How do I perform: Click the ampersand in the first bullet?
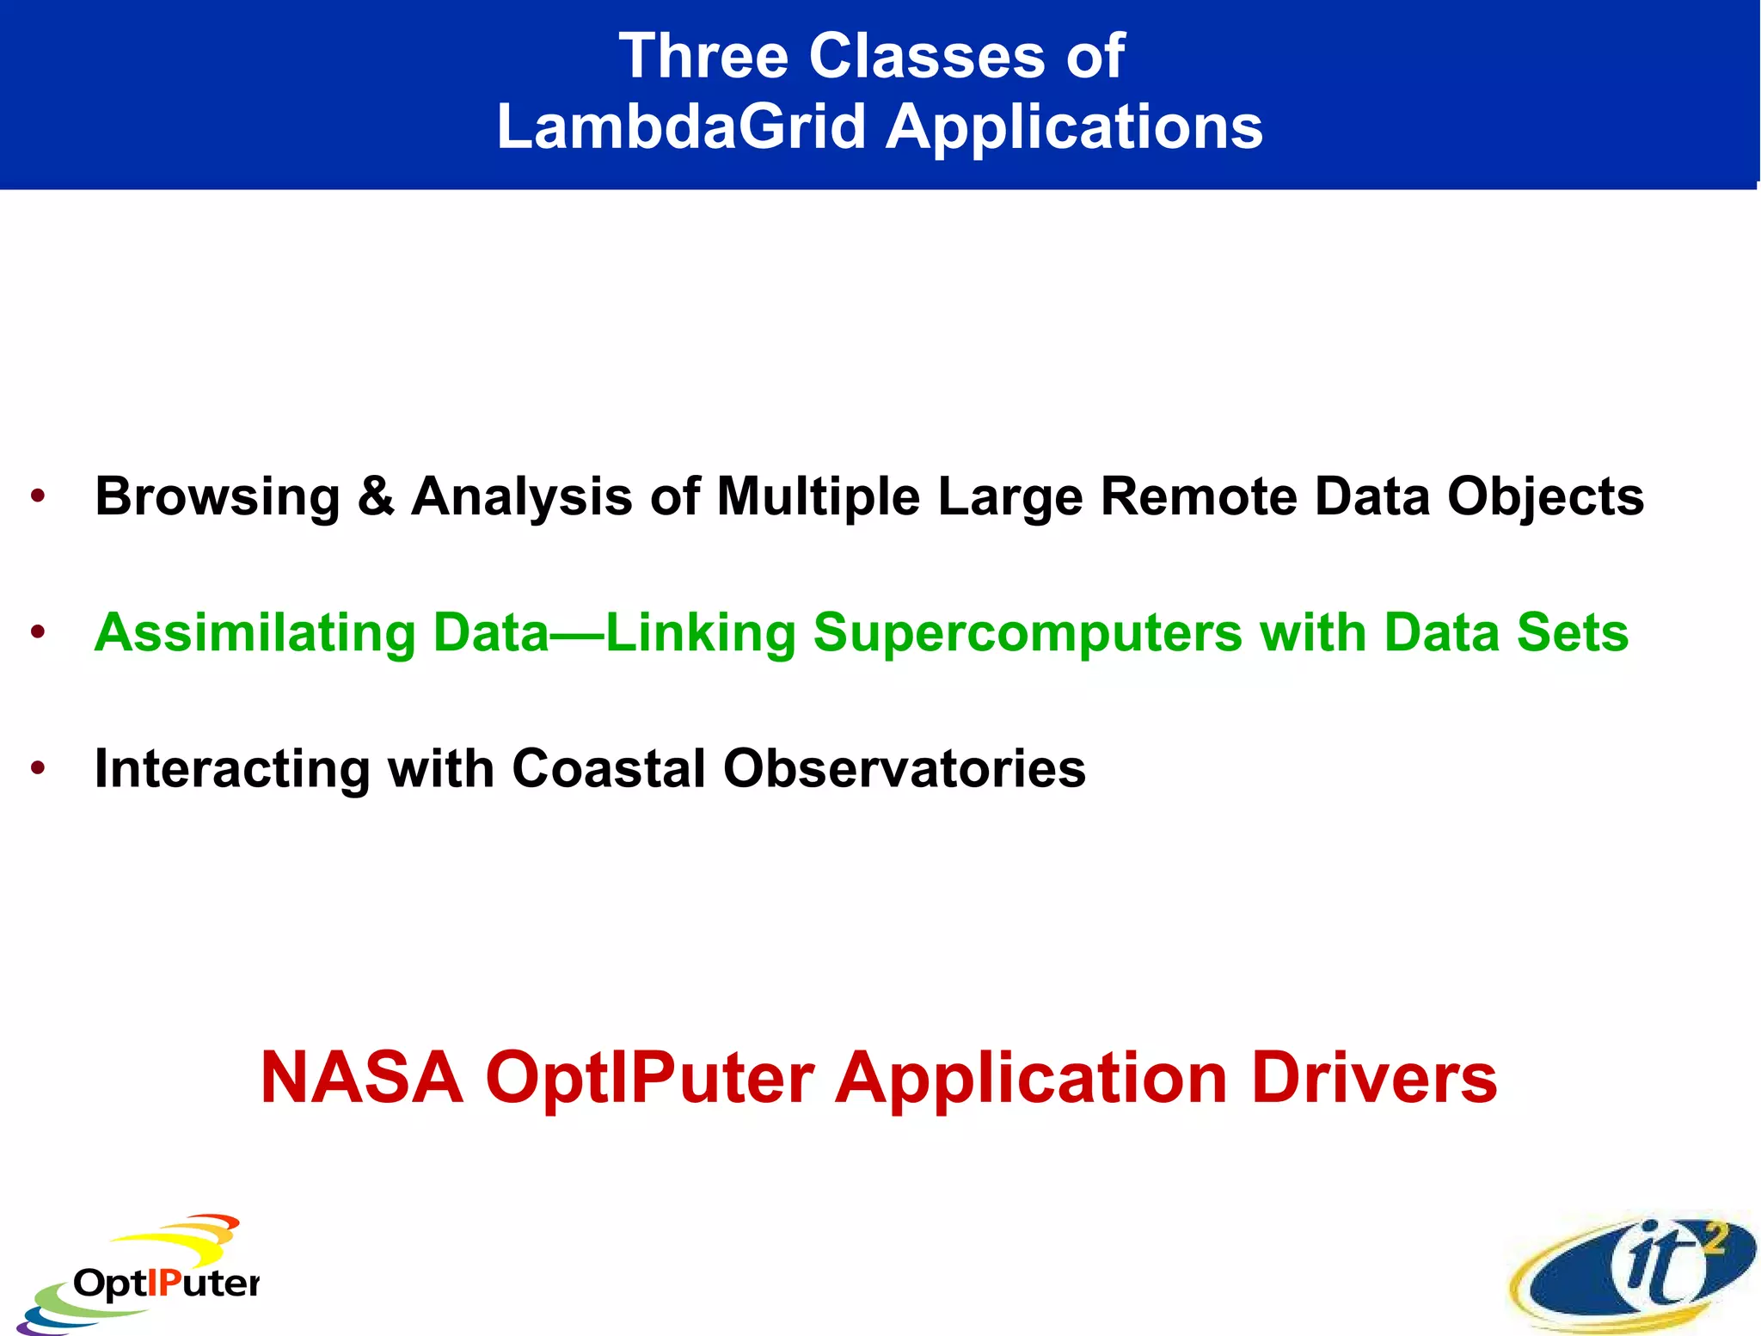tap(376, 496)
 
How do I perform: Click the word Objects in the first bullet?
tap(1545, 497)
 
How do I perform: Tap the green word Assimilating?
tap(255, 633)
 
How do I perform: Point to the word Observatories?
tap(905, 767)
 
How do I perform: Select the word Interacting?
tap(232, 768)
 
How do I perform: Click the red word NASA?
tap(361, 1077)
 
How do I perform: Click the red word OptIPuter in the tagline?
tap(649, 1079)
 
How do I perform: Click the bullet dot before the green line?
tap(37, 632)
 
